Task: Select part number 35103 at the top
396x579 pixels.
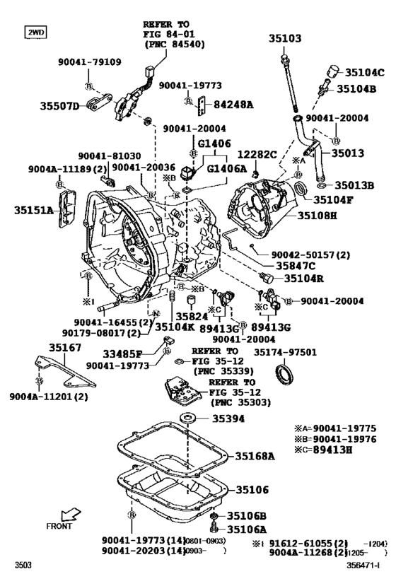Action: point(284,39)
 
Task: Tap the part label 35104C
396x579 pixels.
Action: point(364,73)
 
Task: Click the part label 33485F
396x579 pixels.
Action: point(129,353)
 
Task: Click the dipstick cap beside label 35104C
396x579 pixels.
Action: point(331,71)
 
